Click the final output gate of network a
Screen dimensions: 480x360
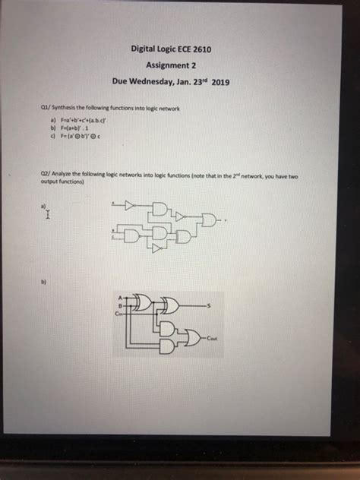point(210,220)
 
